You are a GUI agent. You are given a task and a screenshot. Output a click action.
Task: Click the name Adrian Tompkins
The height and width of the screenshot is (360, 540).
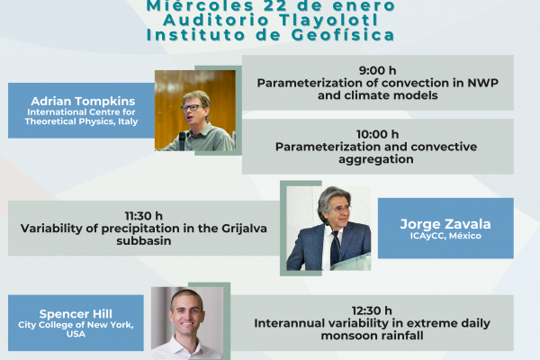point(83,102)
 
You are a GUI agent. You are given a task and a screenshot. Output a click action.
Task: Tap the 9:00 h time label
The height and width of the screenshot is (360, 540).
point(377,70)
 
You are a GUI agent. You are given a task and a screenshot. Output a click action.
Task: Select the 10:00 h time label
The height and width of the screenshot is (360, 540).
point(377,134)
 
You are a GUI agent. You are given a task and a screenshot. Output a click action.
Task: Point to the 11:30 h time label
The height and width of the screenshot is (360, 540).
point(144,216)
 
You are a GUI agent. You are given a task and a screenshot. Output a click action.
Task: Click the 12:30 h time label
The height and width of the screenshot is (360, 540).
point(372,310)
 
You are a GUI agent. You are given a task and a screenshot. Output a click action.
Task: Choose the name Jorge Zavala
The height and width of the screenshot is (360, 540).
point(445,224)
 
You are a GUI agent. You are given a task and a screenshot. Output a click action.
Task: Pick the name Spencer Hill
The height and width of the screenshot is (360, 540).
point(76,314)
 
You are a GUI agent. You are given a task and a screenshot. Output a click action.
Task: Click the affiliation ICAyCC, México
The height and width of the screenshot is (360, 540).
point(445,236)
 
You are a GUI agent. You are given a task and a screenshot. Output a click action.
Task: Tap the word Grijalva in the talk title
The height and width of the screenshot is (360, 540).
point(244,229)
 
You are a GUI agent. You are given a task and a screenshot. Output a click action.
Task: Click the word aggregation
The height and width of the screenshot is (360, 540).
point(376,159)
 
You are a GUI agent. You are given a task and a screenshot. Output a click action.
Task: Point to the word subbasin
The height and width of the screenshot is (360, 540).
point(144,241)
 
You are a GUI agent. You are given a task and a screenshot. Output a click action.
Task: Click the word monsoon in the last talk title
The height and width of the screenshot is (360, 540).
point(342,336)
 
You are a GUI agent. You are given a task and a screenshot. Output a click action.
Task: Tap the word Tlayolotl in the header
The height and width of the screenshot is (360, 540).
point(328,20)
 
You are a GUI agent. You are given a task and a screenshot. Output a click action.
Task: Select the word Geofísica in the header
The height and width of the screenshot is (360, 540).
point(343,35)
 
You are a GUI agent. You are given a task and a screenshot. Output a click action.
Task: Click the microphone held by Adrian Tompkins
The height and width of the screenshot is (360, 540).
point(182,140)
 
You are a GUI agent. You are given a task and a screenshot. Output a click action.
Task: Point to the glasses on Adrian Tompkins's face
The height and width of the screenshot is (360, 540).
point(191,108)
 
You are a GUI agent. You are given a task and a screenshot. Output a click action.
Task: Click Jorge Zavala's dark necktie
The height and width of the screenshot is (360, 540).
point(336,248)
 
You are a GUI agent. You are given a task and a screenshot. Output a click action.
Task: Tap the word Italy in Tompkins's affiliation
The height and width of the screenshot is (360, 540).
point(128,121)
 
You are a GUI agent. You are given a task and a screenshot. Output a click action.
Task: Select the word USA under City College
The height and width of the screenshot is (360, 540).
point(76,334)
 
